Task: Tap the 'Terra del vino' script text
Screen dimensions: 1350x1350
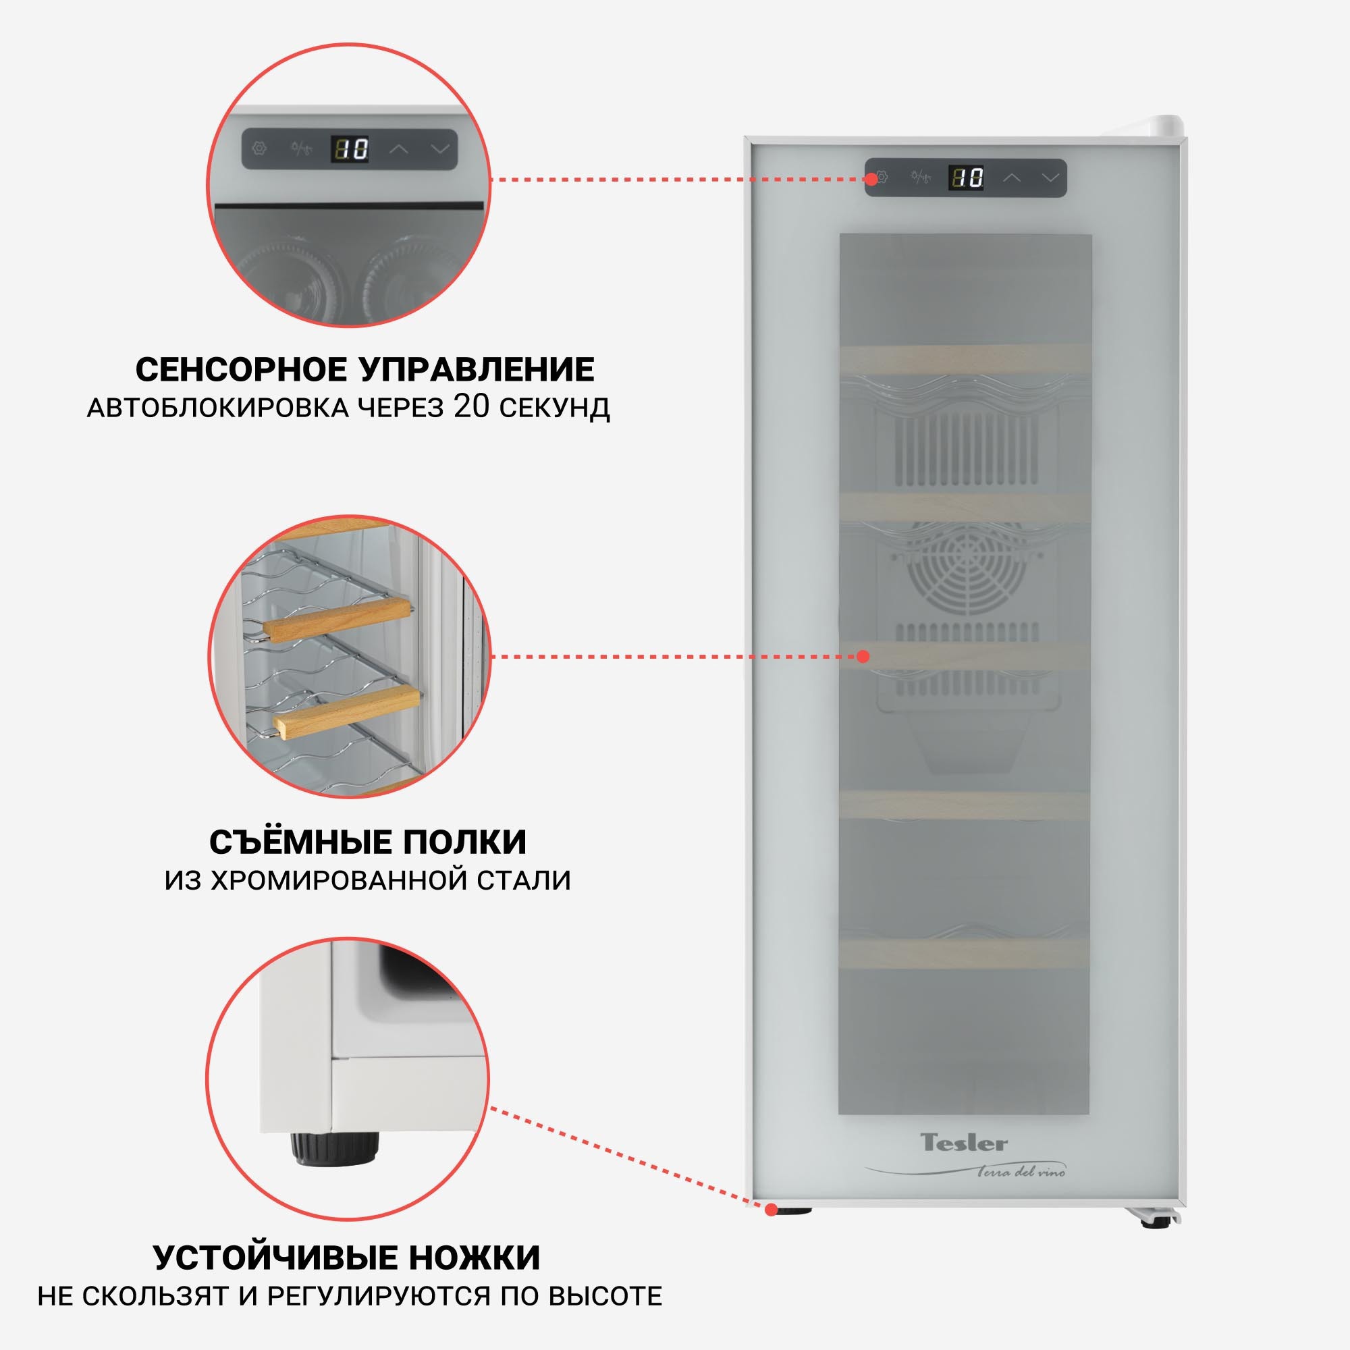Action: click(x=1021, y=1172)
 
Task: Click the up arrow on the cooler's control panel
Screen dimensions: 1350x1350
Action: click(x=1012, y=178)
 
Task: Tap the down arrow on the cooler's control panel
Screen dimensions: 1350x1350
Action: click(x=1050, y=178)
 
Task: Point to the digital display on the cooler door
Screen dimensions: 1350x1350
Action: click(x=967, y=178)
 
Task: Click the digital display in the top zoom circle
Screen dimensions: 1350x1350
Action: click(x=350, y=148)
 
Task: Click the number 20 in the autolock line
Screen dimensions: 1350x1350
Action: click(x=473, y=406)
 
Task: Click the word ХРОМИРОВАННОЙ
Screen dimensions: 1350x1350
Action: click(x=340, y=880)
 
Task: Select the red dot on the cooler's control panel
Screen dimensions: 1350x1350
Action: click(x=871, y=179)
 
